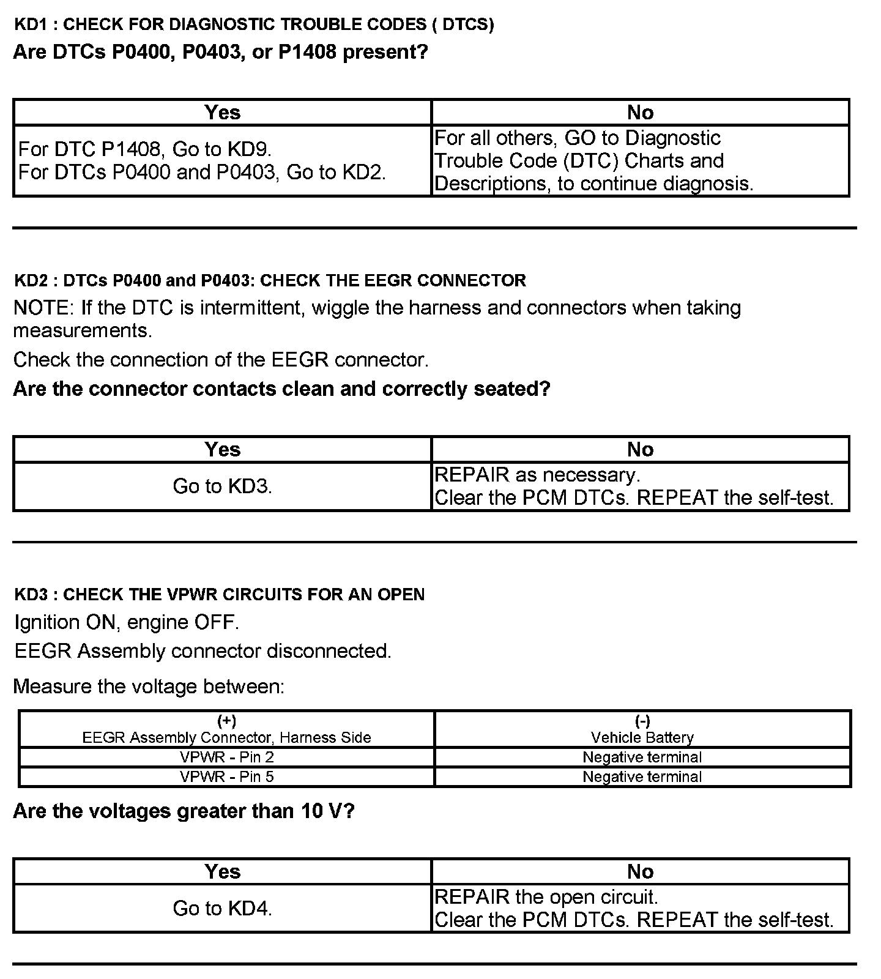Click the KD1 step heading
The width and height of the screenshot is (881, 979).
click(x=253, y=24)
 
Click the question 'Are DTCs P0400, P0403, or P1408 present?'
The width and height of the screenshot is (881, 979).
click(x=220, y=52)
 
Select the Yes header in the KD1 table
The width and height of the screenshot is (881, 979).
click(x=222, y=113)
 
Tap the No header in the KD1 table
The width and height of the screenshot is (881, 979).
click(x=640, y=113)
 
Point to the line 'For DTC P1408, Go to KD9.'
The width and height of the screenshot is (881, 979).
click(x=145, y=149)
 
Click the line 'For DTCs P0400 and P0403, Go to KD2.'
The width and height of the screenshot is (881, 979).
click(x=202, y=172)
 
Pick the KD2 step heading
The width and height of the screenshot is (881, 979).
click(x=270, y=281)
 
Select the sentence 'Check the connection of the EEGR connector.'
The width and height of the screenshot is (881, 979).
click(x=221, y=360)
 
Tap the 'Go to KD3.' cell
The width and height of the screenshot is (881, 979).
click(x=222, y=486)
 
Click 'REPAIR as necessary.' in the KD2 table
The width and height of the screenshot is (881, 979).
click(x=537, y=475)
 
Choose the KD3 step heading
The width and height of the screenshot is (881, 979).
click(x=219, y=595)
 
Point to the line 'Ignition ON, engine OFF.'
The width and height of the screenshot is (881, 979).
click(x=127, y=622)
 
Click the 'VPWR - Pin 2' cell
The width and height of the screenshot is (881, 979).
click(x=226, y=757)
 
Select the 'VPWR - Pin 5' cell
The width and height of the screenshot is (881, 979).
click(x=226, y=776)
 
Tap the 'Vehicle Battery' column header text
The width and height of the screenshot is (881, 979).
click(x=642, y=737)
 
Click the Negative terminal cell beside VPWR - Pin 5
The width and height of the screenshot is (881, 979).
click(x=642, y=776)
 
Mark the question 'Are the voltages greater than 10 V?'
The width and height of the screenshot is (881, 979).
click(x=184, y=811)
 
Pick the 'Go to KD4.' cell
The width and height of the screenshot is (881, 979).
click(x=222, y=908)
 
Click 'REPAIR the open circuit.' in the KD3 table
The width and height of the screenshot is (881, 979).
click(x=546, y=897)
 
